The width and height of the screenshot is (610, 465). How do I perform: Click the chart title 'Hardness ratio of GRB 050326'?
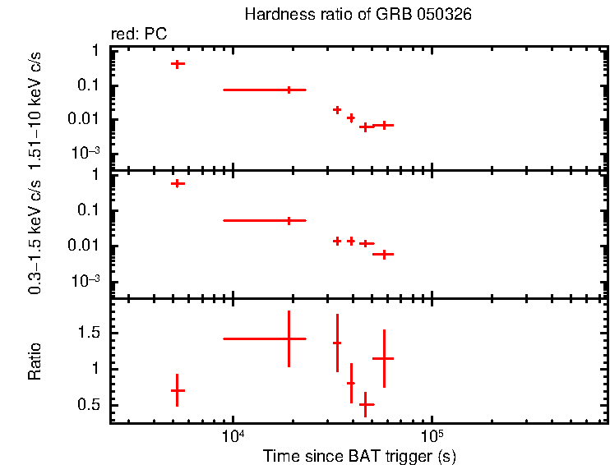pos(358,16)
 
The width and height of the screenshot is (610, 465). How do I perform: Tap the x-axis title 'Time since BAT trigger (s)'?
pos(359,455)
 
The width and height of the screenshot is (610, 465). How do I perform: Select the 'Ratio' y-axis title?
pos(35,362)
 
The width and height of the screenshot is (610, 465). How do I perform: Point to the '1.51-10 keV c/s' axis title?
pos(35,108)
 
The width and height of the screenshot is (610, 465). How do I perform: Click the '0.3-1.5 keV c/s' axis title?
pos(35,237)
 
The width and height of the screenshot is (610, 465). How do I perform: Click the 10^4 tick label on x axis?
pos(233,435)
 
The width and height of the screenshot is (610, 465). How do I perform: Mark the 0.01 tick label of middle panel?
pos(86,246)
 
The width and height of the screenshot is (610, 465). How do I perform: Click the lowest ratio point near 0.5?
pos(367,404)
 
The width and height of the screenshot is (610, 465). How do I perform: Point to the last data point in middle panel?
pos(383,255)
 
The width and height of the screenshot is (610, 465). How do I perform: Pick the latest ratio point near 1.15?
pos(384,358)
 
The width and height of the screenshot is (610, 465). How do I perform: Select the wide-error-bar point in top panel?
pos(289,90)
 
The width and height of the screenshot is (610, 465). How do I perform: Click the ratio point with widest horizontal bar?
pos(289,338)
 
